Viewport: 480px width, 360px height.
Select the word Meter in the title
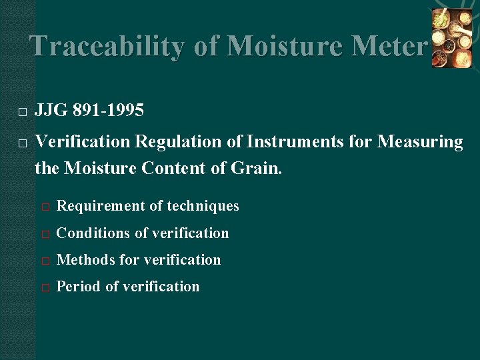point(389,46)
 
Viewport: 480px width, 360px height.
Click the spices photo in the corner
point(451,38)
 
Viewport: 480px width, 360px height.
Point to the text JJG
point(50,111)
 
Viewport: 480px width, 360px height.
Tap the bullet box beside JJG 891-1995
point(22,112)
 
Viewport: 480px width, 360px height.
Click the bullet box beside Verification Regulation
point(22,143)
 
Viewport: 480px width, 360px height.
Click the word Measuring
point(420,141)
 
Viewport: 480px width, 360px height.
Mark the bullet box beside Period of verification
point(45,287)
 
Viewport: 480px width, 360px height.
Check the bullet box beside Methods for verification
point(45,261)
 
